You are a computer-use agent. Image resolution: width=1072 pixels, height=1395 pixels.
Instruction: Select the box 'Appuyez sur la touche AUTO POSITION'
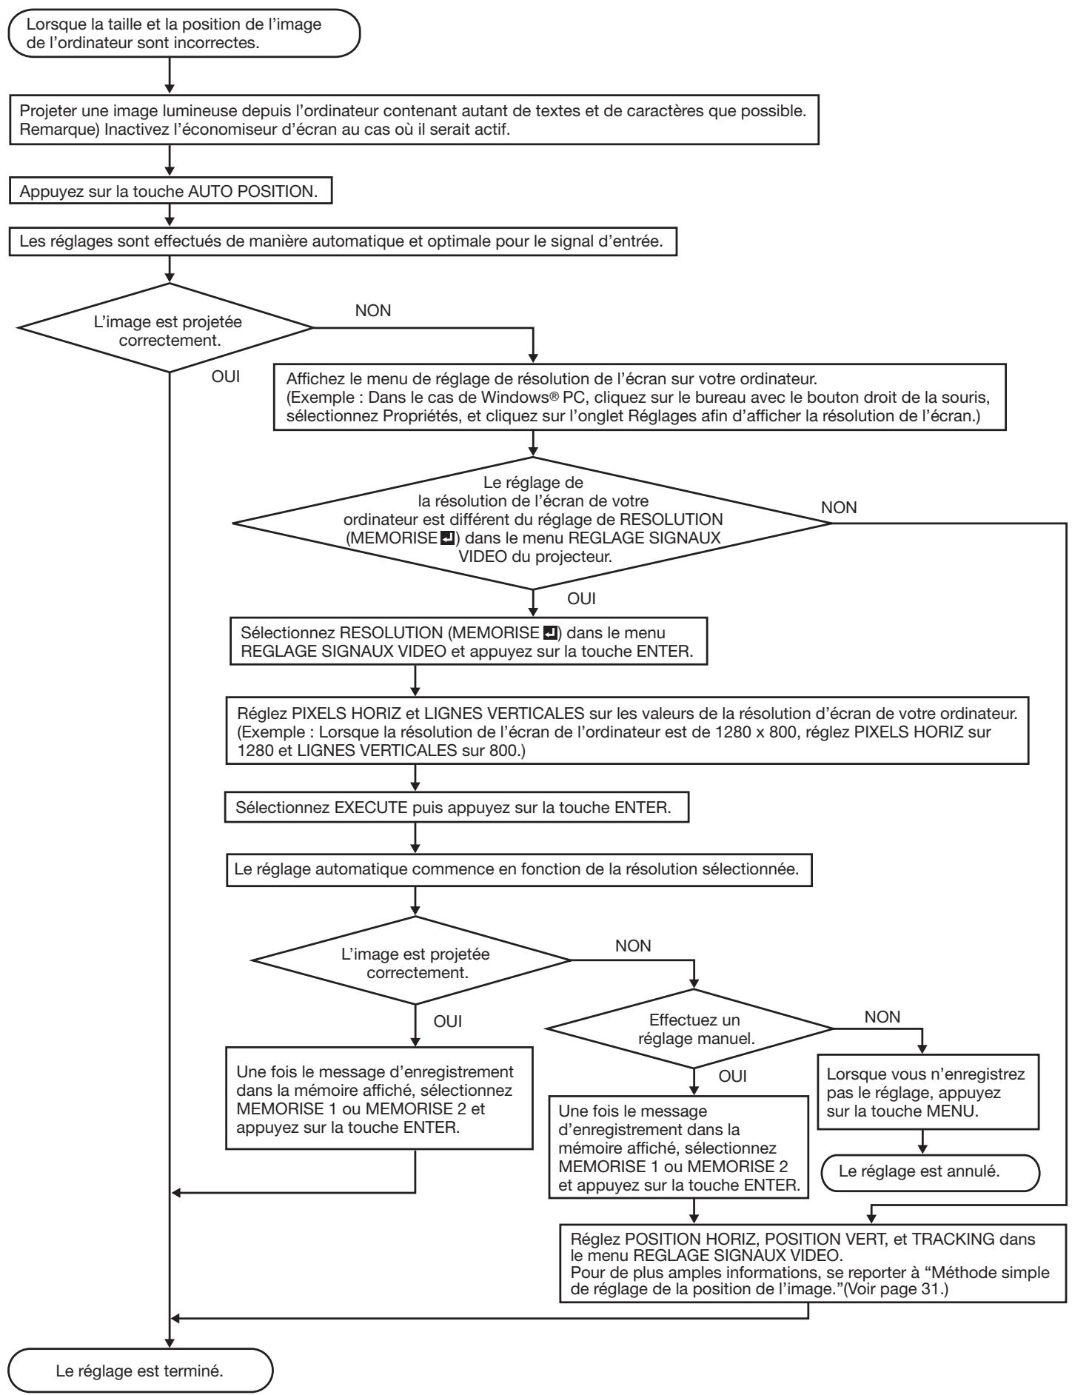(x=170, y=191)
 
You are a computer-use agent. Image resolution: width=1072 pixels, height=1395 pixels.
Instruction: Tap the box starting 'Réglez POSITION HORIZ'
(x=815, y=1254)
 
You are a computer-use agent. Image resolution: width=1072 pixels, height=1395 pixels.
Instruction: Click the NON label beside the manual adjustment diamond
(x=882, y=1017)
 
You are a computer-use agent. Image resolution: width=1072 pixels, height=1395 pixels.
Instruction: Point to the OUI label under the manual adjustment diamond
(x=732, y=1076)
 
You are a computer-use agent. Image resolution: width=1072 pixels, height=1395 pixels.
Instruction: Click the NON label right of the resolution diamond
(x=839, y=508)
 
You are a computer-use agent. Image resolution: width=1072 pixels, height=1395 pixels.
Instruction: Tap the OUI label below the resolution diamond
(x=581, y=599)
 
